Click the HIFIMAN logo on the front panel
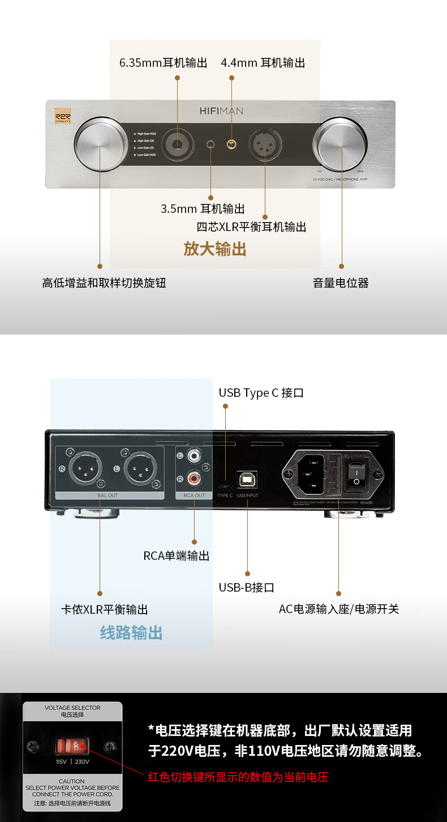click(221, 111)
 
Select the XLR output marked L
click(140, 469)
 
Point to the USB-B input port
click(247, 479)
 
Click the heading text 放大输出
click(214, 249)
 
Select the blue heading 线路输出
click(131, 632)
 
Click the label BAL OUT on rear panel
click(108, 495)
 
